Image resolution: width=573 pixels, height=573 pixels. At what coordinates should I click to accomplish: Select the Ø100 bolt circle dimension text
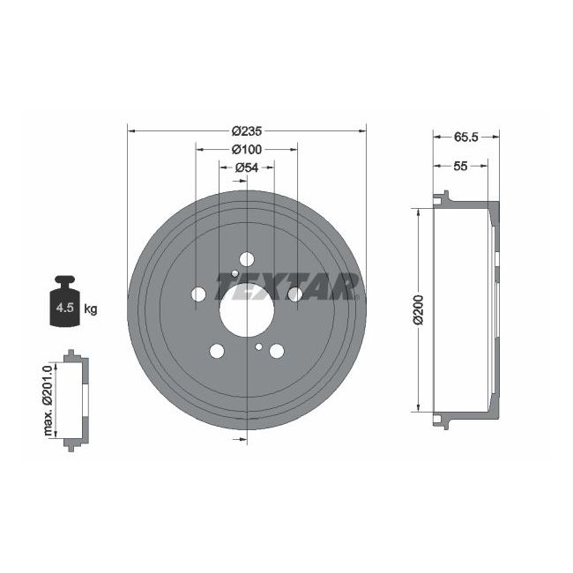pyautogui.click(x=247, y=149)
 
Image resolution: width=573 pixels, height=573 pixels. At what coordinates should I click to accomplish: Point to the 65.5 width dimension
pyautogui.click(x=465, y=137)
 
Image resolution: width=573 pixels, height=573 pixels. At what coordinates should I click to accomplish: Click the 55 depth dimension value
pyautogui.click(x=460, y=165)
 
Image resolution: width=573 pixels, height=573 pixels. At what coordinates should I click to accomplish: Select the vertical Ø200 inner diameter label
pyautogui.click(x=420, y=310)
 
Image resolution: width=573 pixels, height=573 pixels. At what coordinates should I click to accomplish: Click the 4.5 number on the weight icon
pyautogui.click(x=63, y=309)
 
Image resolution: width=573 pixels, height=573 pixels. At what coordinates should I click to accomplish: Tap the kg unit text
pyautogui.click(x=90, y=309)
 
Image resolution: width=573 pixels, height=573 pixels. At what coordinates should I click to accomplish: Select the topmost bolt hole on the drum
pyautogui.click(x=246, y=258)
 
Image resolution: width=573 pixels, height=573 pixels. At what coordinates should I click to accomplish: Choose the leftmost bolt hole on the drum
pyautogui.click(x=198, y=294)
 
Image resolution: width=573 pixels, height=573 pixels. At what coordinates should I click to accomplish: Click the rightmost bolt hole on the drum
pyautogui.click(x=294, y=294)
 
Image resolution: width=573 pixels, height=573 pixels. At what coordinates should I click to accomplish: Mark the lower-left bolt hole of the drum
pyautogui.click(x=216, y=351)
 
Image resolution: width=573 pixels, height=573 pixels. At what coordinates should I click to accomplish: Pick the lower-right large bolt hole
pyautogui.click(x=277, y=352)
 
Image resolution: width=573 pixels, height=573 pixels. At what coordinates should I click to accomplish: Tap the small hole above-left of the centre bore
pyautogui.click(x=234, y=274)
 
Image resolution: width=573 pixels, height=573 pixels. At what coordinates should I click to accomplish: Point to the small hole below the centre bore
pyautogui.click(x=257, y=347)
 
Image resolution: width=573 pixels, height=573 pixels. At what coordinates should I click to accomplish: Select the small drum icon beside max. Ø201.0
pyautogui.click(x=71, y=400)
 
